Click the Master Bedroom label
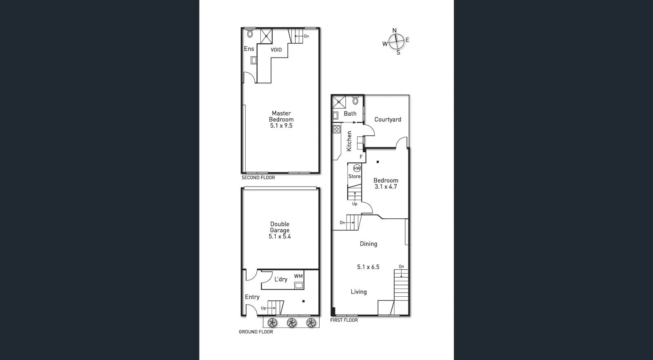click(x=281, y=116)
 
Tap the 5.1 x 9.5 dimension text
click(x=281, y=126)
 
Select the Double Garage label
click(x=280, y=227)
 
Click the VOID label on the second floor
click(x=276, y=50)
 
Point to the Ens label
click(x=249, y=49)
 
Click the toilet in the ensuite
click(x=250, y=34)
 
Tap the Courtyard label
click(x=388, y=120)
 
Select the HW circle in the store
click(x=357, y=168)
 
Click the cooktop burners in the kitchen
click(x=337, y=129)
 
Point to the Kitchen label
click(x=349, y=141)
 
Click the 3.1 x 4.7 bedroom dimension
click(x=386, y=187)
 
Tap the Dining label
click(x=368, y=244)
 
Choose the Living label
click(x=358, y=292)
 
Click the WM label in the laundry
click(x=298, y=276)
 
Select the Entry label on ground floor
click(x=252, y=297)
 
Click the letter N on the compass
click(x=394, y=31)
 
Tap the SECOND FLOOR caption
click(x=258, y=178)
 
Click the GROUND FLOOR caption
click(x=256, y=332)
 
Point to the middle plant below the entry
click(x=291, y=323)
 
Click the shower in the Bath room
click(x=339, y=102)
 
